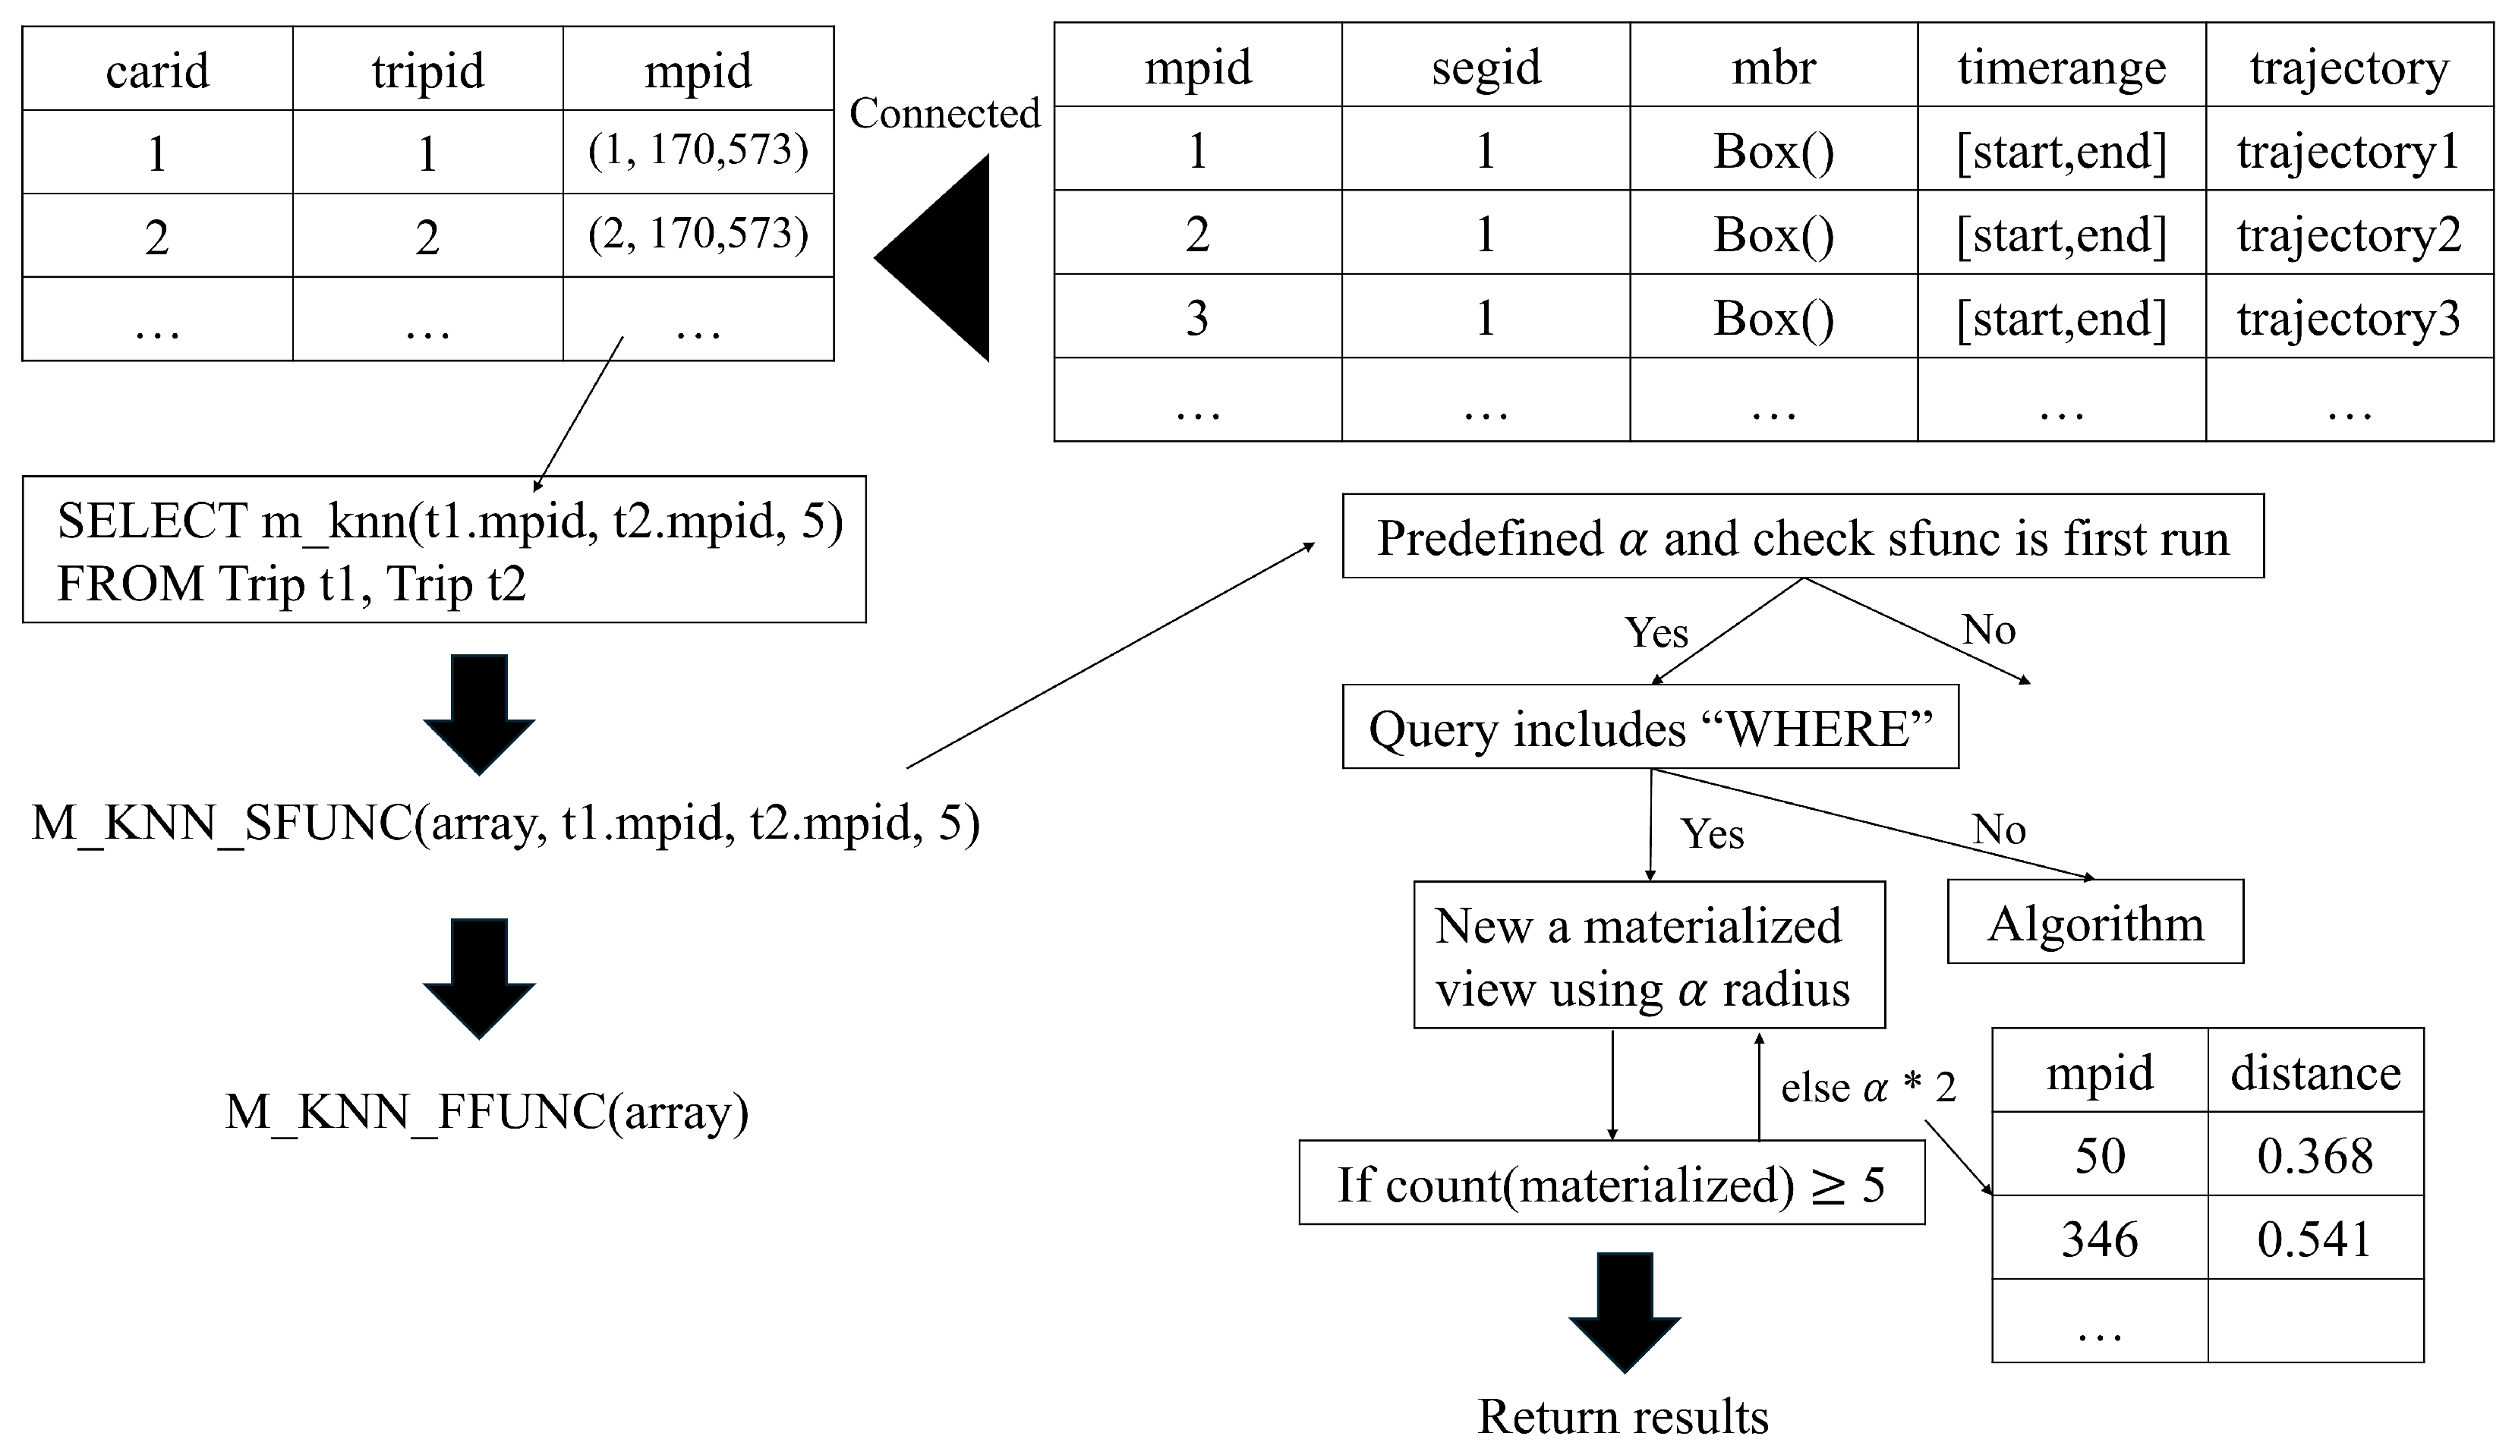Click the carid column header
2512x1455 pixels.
[x=157, y=70]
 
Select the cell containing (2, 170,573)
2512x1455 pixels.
[x=698, y=235]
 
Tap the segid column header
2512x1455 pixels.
[x=1486, y=67]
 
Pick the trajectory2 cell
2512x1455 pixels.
[x=2349, y=235]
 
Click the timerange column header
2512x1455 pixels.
[x=2060, y=67]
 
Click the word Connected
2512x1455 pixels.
[x=944, y=112]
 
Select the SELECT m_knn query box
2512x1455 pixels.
[x=443, y=550]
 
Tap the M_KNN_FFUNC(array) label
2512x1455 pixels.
[x=487, y=1110]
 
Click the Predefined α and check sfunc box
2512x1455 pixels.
[x=1802, y=537]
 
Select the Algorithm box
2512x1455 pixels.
[x=2095, y=923]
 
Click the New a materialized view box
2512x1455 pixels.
[x=1649, y=956]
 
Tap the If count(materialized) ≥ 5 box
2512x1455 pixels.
[x=1611, y=1184]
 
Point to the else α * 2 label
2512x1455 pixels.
[x=1867, y=1086]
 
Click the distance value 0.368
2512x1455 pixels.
[x=2315, y=1155]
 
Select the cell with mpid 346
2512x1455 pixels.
[x=2099, y=1239]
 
